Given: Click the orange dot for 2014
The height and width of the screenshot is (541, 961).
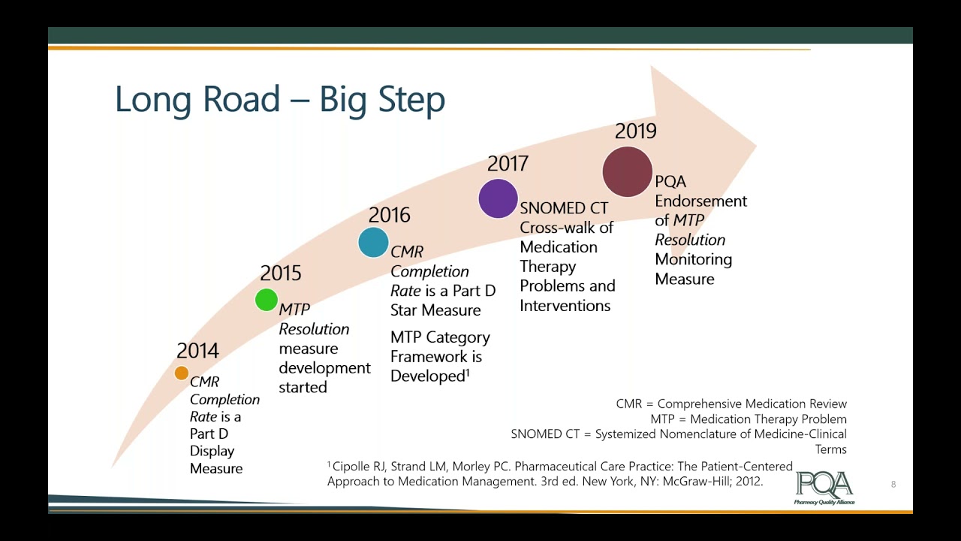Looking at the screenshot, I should coord(181,373).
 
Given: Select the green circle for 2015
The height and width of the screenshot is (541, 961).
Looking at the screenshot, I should coord(267,300).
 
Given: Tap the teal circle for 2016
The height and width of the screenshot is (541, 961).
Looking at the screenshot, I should coord(373,242).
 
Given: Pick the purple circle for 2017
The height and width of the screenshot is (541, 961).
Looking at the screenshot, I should coord(498,198).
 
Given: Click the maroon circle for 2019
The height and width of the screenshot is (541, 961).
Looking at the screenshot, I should coord(628,172).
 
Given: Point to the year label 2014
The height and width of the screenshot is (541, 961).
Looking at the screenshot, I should coord(197,351).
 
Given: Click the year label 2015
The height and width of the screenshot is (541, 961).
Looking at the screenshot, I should coord(281,274).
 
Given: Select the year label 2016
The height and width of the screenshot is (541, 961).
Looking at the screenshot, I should coord(390,216).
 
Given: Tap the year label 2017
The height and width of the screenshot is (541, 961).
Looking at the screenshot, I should coord(508,164).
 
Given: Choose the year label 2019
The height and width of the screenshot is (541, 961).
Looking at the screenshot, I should coord(635,131).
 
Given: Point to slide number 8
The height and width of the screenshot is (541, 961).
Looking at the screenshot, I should coord(893,485).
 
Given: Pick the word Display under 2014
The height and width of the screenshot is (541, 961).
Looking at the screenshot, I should coord(212,451).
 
